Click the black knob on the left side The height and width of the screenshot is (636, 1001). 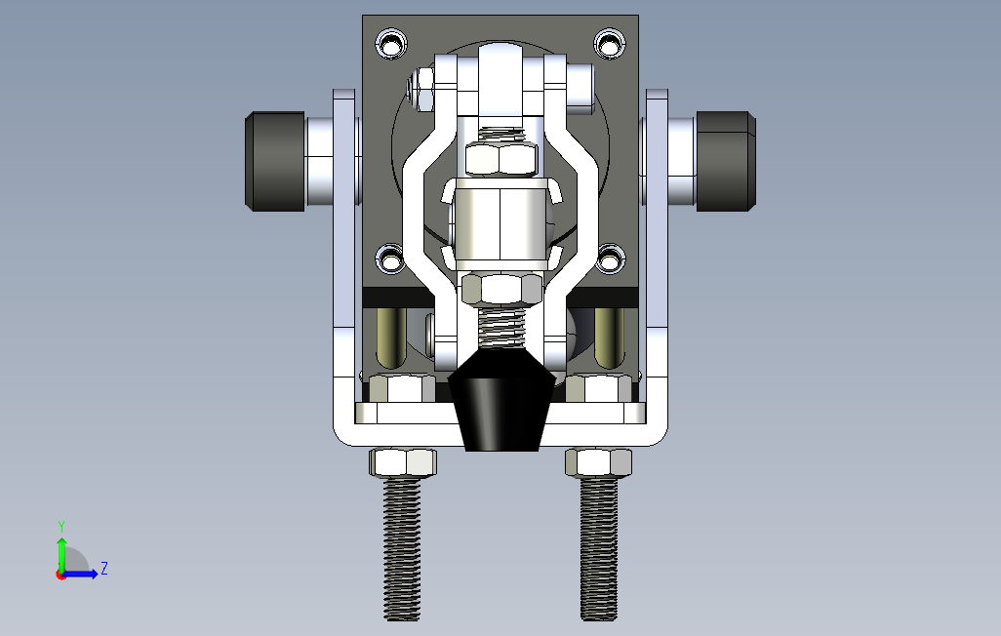[x=275, y=161]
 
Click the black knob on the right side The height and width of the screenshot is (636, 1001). [x=726, y=161]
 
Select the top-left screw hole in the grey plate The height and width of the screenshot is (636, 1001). [x=391, y=44]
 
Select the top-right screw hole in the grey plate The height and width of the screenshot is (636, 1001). [x=609, y=44]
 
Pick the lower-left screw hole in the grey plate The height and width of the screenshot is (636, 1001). [x=390, y=259]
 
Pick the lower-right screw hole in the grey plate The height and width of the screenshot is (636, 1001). [x=610, y=259]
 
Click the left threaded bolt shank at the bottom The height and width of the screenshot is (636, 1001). [x=402, y=549]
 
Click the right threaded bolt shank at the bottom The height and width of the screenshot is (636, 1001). [x=599, y=549]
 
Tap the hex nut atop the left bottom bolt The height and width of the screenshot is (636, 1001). [x=403, y=462]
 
